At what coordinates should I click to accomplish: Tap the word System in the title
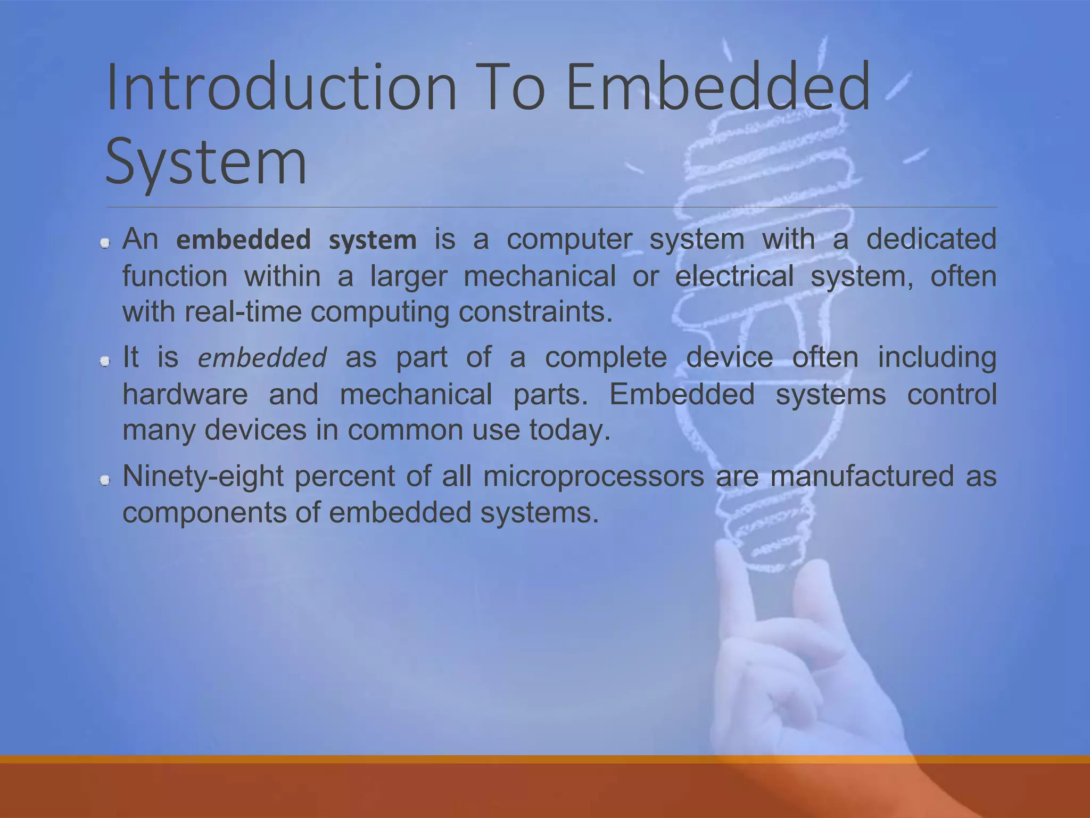click(206, 160)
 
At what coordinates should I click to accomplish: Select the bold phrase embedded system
click(296, 240)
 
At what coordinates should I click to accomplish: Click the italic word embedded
click(262, 358)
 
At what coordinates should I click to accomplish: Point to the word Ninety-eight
click(203, 476)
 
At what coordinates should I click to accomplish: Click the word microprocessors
click(593, 476)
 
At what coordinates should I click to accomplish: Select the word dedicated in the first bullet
click(931, 239)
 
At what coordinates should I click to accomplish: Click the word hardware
click(185, 395)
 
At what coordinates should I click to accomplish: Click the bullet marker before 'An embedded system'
click(105, 243)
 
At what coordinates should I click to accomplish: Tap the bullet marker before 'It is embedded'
click(105, 362)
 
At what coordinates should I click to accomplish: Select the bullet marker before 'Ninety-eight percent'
click(105, 481)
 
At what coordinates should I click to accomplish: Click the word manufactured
click(862, 476)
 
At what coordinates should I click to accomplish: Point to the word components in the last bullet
click(203, 513)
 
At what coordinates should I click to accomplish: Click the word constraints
click(535, 312)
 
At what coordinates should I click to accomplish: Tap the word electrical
click(734, 276)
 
